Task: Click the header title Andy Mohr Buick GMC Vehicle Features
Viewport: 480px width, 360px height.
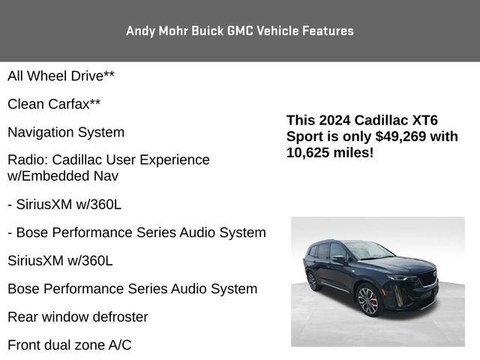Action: (x=240, y=31)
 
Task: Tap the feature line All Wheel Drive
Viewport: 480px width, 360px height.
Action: (x=61, y=76)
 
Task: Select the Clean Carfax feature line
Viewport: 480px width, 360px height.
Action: (x=54, y=104)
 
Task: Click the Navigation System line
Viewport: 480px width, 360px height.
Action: (x=66, y=132)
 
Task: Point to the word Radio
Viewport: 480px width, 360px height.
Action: (x=25, y=160)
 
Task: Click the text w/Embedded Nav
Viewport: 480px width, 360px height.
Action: (x=63, y=176)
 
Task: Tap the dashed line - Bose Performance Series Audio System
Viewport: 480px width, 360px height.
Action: (x=136, y=232)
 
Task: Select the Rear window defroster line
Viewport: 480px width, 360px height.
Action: (x=78, y=316)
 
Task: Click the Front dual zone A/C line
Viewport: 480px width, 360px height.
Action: (x=70, y=345)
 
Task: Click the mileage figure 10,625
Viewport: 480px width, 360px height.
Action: (x=311, y=153)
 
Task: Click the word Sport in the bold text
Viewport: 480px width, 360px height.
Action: (x=303, y=136)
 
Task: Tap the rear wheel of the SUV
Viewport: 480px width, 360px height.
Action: (x=311, y=280)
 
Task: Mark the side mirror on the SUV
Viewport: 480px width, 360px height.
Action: (x=338, y=259)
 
